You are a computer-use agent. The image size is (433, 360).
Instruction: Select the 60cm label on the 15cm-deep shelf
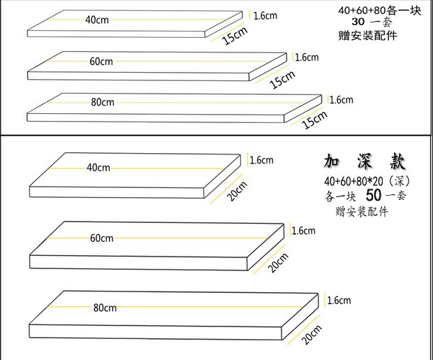point(101,61)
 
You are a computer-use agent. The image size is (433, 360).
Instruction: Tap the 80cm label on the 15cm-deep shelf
point(103,102)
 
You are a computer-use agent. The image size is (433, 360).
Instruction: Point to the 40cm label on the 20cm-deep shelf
point(98,168)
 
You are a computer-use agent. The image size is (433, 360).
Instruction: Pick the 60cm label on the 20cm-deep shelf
point(102,238)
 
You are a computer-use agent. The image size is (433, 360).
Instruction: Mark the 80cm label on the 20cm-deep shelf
point(103,307)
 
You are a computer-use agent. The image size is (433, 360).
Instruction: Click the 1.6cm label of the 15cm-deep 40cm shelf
point(265,15)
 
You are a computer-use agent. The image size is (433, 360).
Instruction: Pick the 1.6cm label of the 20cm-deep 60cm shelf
point(303,231)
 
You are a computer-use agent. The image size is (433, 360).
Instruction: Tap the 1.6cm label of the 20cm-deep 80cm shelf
point(338,301)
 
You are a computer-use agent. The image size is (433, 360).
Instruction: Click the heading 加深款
point(355,162)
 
